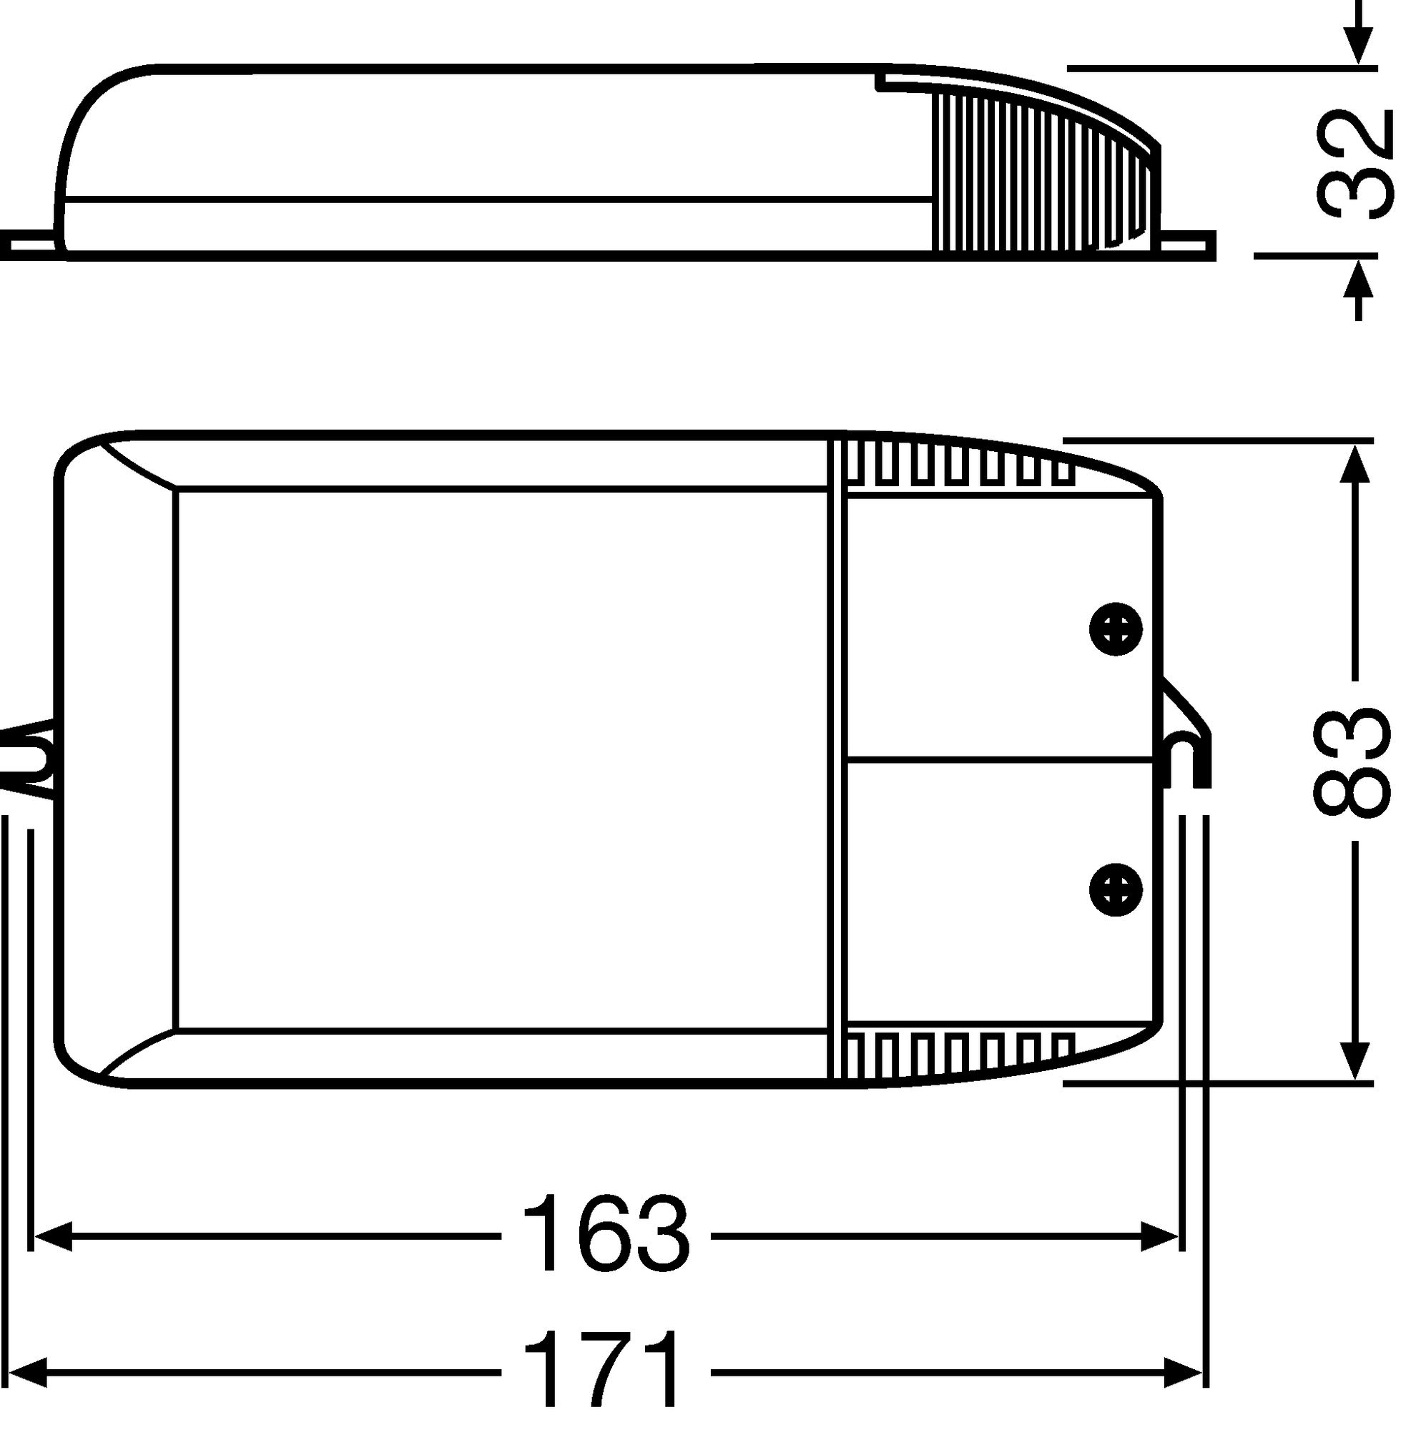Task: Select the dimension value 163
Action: tap(606, 1233)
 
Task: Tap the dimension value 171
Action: tap(601, 1371)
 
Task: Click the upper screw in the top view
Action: tap(1116, 629)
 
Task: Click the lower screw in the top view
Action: tap(1116, 889)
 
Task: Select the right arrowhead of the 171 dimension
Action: tap(1184, 1373)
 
